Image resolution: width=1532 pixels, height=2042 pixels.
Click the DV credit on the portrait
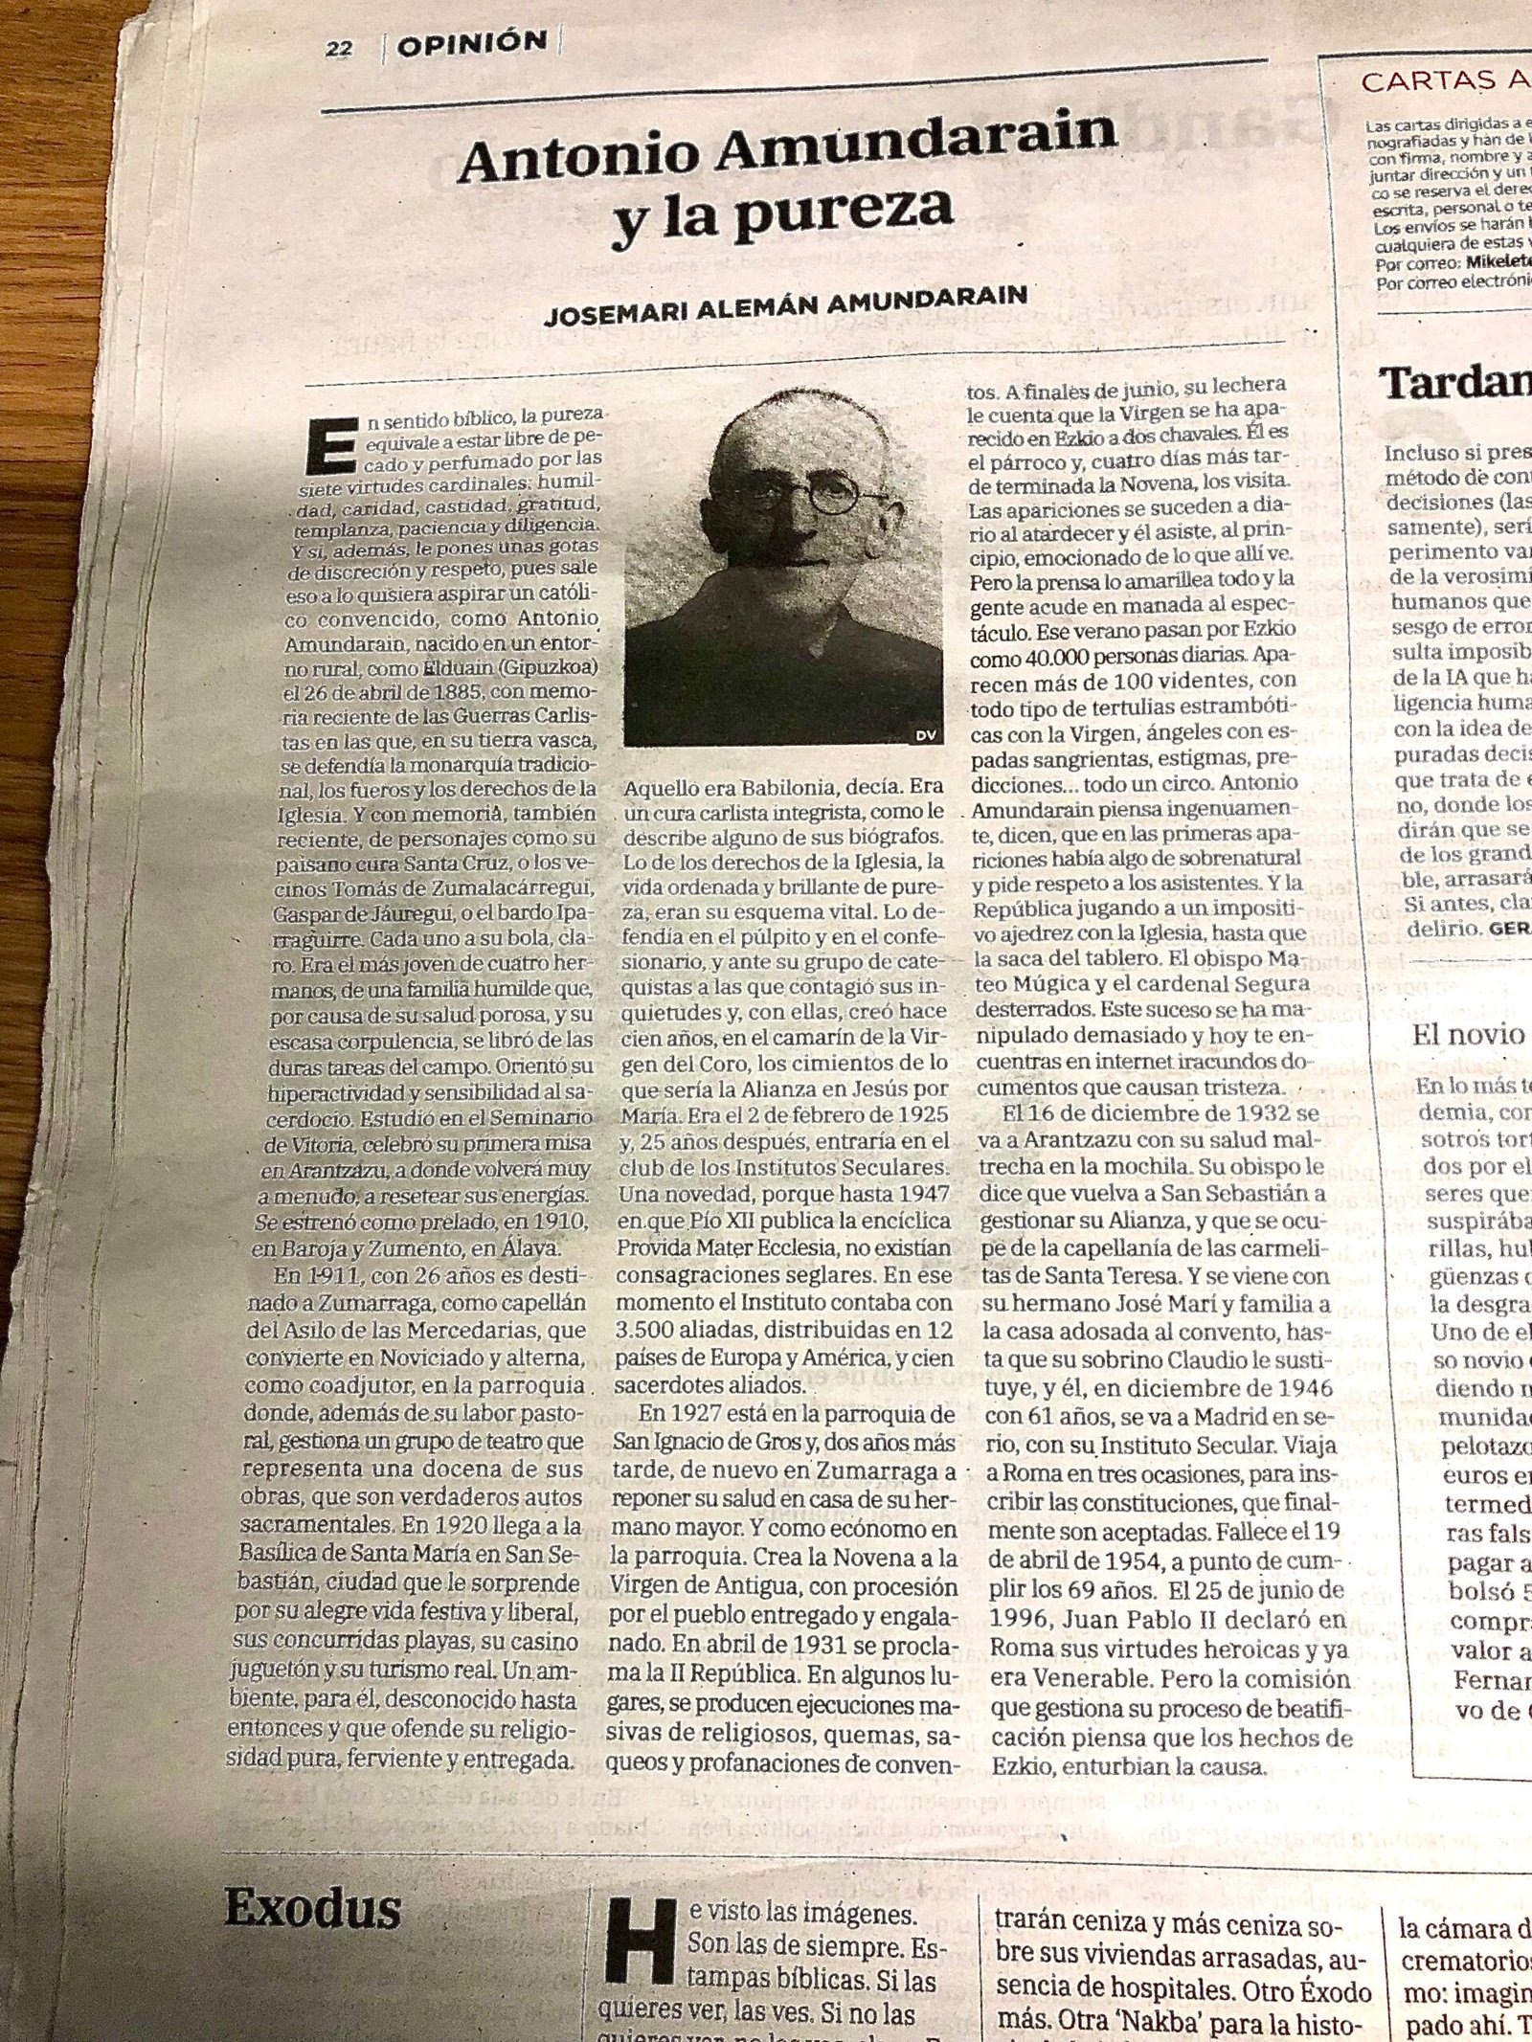coord(924,734)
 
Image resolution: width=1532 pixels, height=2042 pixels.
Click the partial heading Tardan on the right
coord(1454,384)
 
